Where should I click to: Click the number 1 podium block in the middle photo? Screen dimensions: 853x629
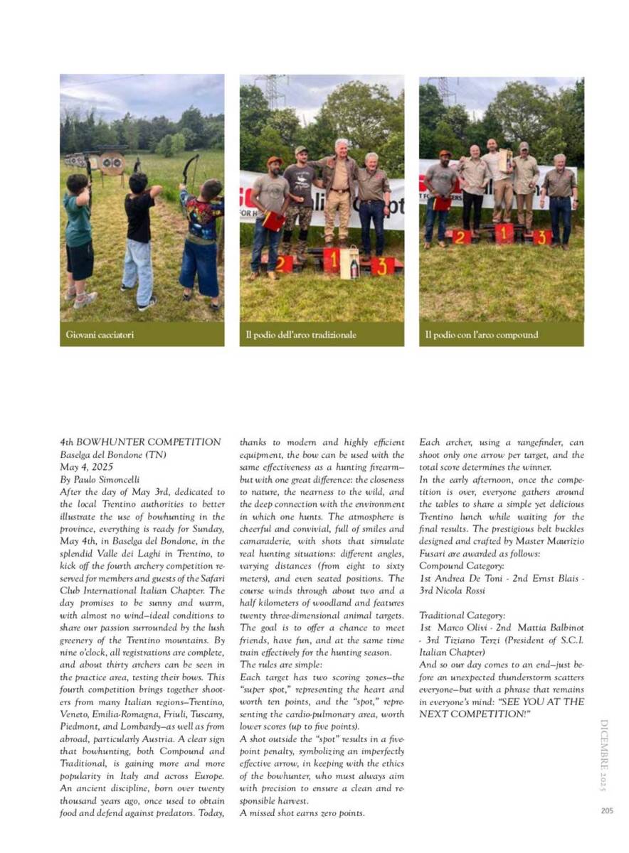[x=332, y=260]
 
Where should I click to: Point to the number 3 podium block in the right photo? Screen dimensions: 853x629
[x=542, y=237]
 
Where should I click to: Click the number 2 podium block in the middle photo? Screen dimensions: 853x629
[x=285, y=264]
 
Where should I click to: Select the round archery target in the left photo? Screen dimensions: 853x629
[x=111, y=163]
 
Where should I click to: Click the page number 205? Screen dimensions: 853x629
[x=607, y=810]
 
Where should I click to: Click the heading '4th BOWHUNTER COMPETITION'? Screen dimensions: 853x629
[x=140, y=442]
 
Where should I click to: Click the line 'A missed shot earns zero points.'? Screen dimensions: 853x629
[x=302, y=812]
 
